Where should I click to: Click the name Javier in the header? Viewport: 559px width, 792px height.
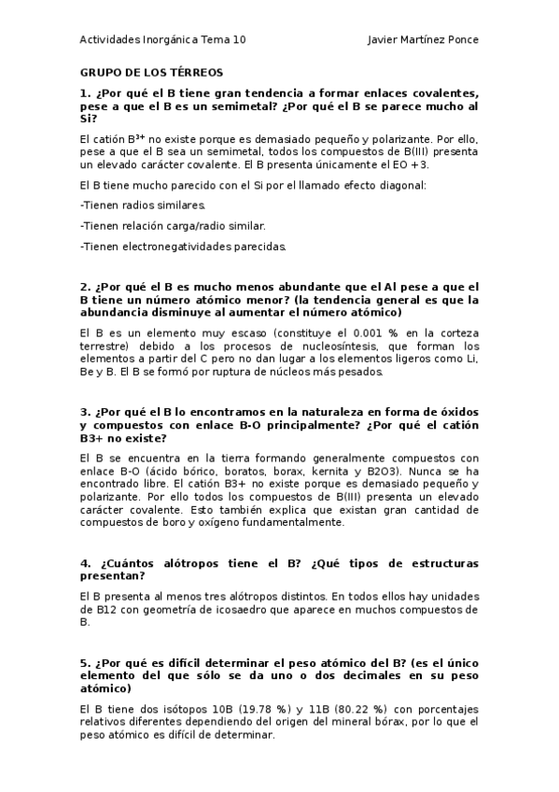click(384, 40)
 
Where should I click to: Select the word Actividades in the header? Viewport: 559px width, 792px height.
click(110, 40)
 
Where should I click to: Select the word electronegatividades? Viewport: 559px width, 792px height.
click(178, 247)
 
